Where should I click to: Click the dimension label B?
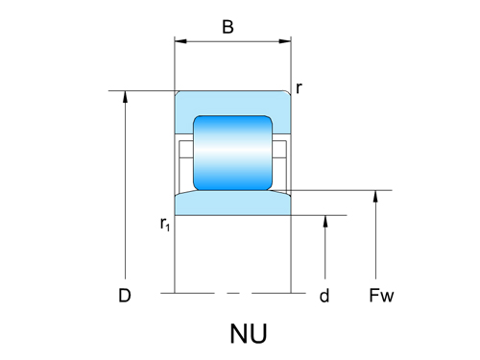coord(228,27)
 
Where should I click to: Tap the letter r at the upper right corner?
coord(300,88)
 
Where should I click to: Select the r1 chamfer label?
coord(165,224)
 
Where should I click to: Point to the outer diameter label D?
coord(124,297)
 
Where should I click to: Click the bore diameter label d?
coord(324,297)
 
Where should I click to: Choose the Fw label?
coord(381,297)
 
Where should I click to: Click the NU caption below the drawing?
coord(248,334)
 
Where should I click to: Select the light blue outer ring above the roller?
coord(231,104)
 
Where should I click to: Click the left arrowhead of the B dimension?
coord(180,42)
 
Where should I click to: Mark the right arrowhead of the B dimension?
coord(285,42)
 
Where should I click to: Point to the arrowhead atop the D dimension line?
coord(126,97)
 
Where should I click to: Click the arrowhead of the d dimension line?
coord(327,221)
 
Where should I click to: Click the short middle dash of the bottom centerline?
coord(231,291)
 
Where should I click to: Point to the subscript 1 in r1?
coord(169,228)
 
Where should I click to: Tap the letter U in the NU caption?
coord(258,334)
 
